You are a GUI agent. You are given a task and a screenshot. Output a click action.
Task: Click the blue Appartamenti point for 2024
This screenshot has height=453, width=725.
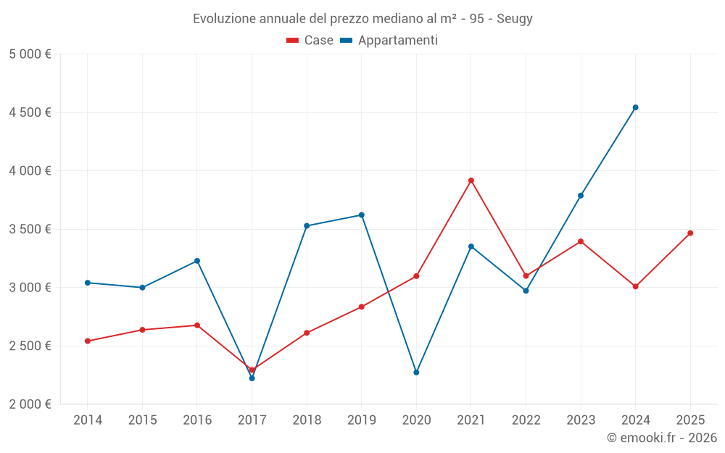click(635, 107)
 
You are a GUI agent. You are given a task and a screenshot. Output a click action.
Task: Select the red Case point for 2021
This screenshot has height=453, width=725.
click(471, 180)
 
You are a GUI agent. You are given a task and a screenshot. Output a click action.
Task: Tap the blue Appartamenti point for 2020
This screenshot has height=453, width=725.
click(416, 373)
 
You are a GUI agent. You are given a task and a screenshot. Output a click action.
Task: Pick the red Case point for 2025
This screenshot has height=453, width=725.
click(690, 233)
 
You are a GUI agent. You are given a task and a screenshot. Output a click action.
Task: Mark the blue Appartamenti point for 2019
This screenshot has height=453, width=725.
click(361, 215)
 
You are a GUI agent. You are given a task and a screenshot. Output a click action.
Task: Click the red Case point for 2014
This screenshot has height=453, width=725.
click(88, 341)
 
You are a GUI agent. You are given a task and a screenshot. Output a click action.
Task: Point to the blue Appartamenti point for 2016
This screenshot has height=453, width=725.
click(197, 261)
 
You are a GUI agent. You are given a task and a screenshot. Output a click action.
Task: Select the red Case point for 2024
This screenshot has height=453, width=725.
click(635, 286)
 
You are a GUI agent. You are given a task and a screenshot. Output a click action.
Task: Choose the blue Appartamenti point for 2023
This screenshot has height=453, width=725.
click(581, 196)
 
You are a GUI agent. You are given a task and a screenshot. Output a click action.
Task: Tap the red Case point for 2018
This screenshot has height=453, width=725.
click(307, 333)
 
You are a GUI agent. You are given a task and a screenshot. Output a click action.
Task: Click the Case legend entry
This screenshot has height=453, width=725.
click(310, 41)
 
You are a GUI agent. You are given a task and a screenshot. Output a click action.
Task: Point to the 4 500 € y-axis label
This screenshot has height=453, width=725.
click(30, 112)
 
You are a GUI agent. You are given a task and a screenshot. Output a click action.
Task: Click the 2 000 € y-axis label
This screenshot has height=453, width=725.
click(30, 404)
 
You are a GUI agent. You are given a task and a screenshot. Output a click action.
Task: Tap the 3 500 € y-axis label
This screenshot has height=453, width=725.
click(30, 229)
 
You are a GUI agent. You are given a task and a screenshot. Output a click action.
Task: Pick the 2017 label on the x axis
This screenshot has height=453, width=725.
click(252, 420)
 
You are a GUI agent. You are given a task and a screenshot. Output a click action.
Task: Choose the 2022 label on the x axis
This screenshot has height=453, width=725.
click(526, 420)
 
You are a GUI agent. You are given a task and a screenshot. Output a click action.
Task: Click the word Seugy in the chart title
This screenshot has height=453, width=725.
click(515, 19)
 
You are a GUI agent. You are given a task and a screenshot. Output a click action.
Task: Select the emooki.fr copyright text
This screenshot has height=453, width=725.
click(661, 438)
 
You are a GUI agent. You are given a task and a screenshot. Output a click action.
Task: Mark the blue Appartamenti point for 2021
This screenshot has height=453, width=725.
click(471, 246)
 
